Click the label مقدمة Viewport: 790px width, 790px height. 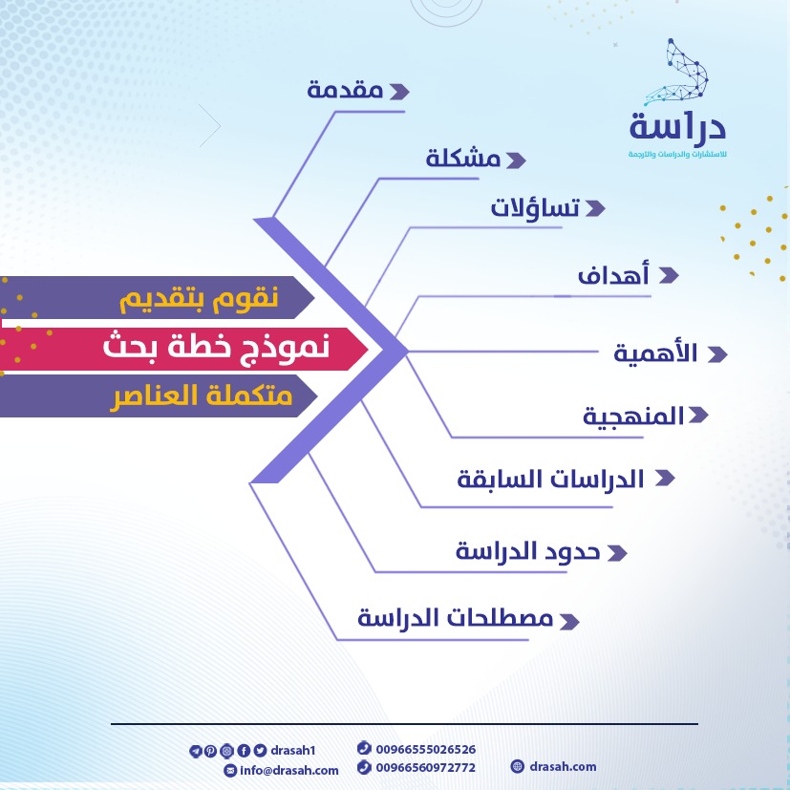pyautogui.click(x=345, y=90)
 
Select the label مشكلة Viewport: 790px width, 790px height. pyautogui.click(x=463, y=158)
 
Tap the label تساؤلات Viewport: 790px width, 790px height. pyautogui.click(x=535, y=207)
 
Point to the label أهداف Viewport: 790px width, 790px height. pyautogui.click(x=613, y=274)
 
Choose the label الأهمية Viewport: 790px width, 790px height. pyautogui.click(x=655, y=352)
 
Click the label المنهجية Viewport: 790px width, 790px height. pyautogui.click(x=633, y=416)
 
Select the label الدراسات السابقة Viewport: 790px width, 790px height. pyautogui.click(x=550, y=479)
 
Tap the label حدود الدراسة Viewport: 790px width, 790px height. pyautogui.click(x=527, y=550)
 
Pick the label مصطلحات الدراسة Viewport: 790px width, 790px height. pyautogui.click(x=456, y=617)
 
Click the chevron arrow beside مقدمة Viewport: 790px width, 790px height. pyautogui.click(x=399, y=92)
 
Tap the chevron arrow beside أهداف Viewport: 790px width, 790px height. pyautogui.click(x=669, y=275)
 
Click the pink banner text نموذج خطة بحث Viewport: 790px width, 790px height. pyautogui.click(x=216, y=348)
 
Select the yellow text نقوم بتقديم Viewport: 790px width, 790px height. pyautogui.click(x=199, y=298)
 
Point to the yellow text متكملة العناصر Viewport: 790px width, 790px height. pyautogui.click(x=201, y=396)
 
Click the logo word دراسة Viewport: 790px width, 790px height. pyautogui.click(x=677, y=126)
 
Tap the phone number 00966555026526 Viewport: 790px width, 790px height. pyautogui.click(x=426, y=749)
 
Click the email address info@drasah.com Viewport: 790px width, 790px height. pyautogui.click(x=289, y=770)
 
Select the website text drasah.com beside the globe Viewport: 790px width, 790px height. pyautogui.click(x=563, y=766)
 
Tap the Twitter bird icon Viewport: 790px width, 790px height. pyautogui.click(x=260, y=751)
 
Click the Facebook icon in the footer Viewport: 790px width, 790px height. pyautogui.click(x=244, y=751)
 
